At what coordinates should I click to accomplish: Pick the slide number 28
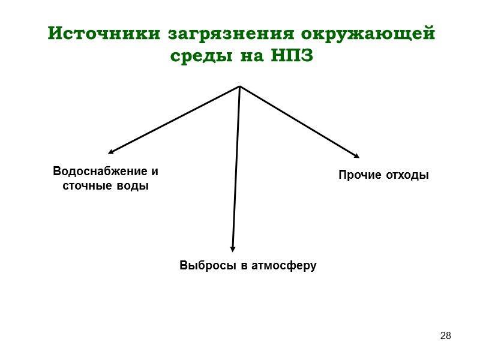coord(445,335)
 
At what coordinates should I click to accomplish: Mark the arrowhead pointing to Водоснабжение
coord(111,152)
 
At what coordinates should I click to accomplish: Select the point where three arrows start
coord(239,86)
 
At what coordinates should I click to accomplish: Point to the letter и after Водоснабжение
coord(155,172)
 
